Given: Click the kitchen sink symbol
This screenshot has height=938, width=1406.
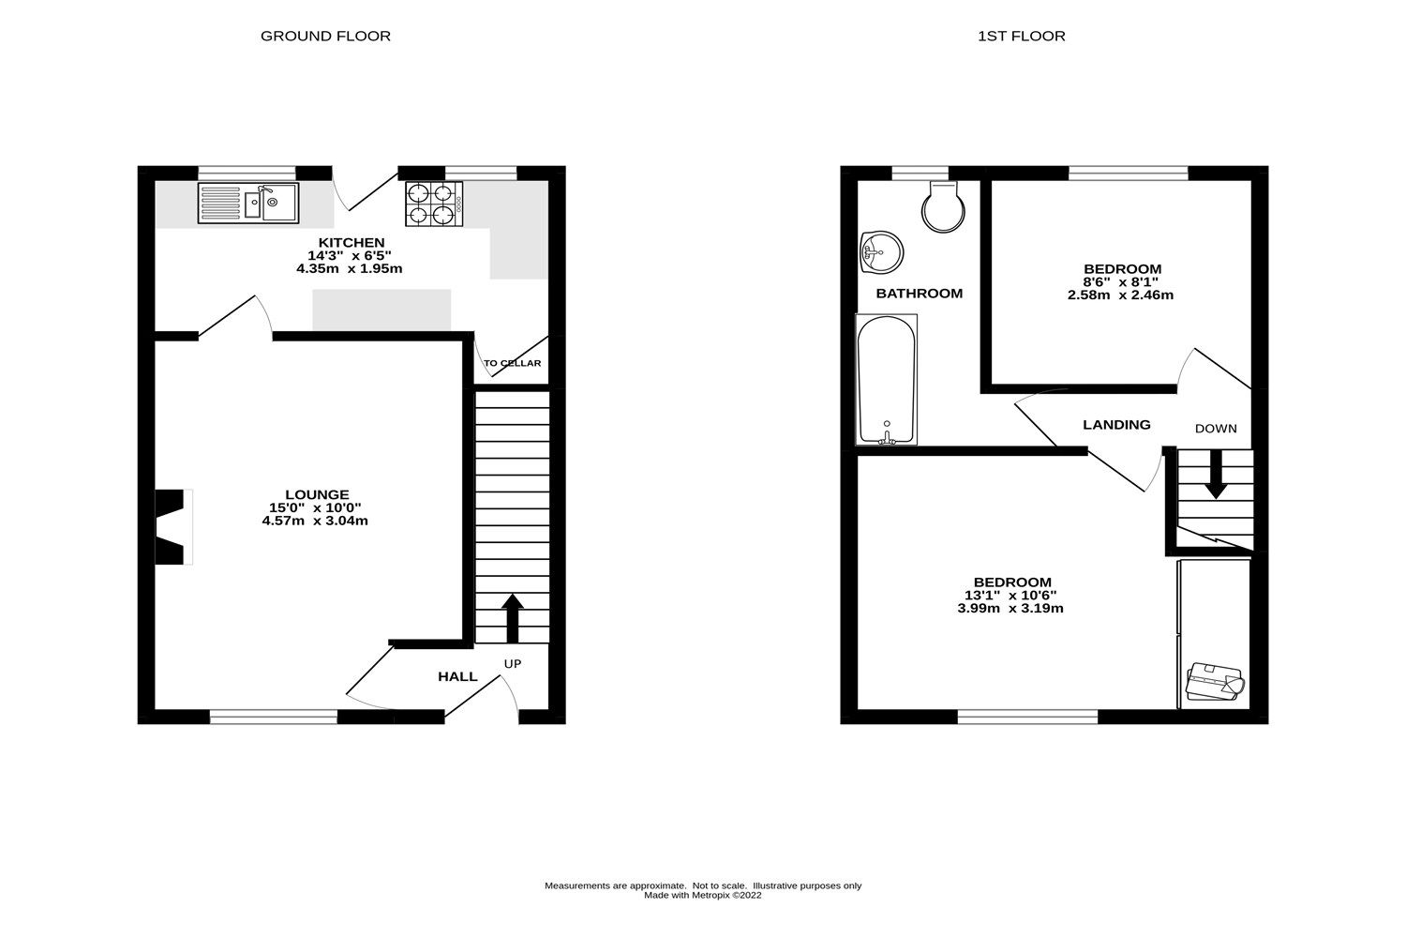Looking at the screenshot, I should [248, 203].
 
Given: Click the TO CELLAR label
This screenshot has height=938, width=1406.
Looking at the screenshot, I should [512, 363].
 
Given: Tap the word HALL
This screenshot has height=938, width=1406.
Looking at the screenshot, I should [457, 676].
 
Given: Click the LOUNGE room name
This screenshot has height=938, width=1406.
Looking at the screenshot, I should [317, 494].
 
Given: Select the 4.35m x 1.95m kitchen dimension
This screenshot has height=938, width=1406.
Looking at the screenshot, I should [349, 268].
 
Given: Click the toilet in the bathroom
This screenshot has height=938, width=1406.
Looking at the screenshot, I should [942, 205].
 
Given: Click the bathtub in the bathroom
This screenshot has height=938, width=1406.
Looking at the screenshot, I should [887, 380].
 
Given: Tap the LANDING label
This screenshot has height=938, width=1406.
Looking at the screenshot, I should [1116, 425].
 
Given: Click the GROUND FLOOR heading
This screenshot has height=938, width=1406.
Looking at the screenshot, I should [325, 37].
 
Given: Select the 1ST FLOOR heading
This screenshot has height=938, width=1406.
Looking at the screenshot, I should [1021, 37].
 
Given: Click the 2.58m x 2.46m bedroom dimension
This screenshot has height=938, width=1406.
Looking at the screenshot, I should [1120, 295].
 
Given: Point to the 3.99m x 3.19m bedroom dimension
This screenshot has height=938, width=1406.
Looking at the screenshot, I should [1010, 608].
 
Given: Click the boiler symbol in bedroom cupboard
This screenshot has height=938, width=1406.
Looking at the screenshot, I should [1214, 682].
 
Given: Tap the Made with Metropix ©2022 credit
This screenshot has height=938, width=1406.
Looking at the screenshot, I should [703, 895].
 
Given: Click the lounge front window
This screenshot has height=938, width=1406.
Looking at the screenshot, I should [273, 718].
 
